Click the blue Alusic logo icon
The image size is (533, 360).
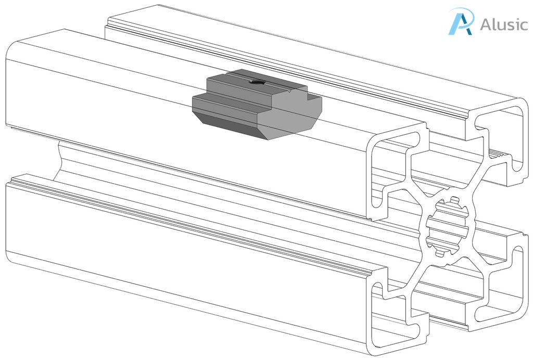coord(461,22)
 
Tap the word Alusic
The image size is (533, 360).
coord(504,24)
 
